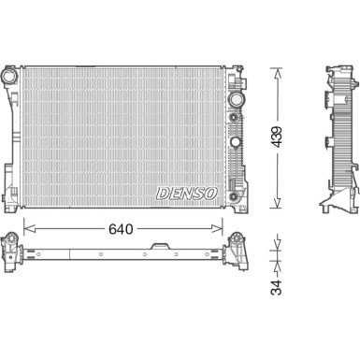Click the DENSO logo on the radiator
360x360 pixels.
187,194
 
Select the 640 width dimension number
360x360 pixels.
121,229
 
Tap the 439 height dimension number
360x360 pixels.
276,137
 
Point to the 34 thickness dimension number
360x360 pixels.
276,287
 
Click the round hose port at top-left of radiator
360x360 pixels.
10,76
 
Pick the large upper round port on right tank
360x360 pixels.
235,99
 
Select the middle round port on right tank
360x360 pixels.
235,142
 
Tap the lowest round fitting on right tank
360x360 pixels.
233,196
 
